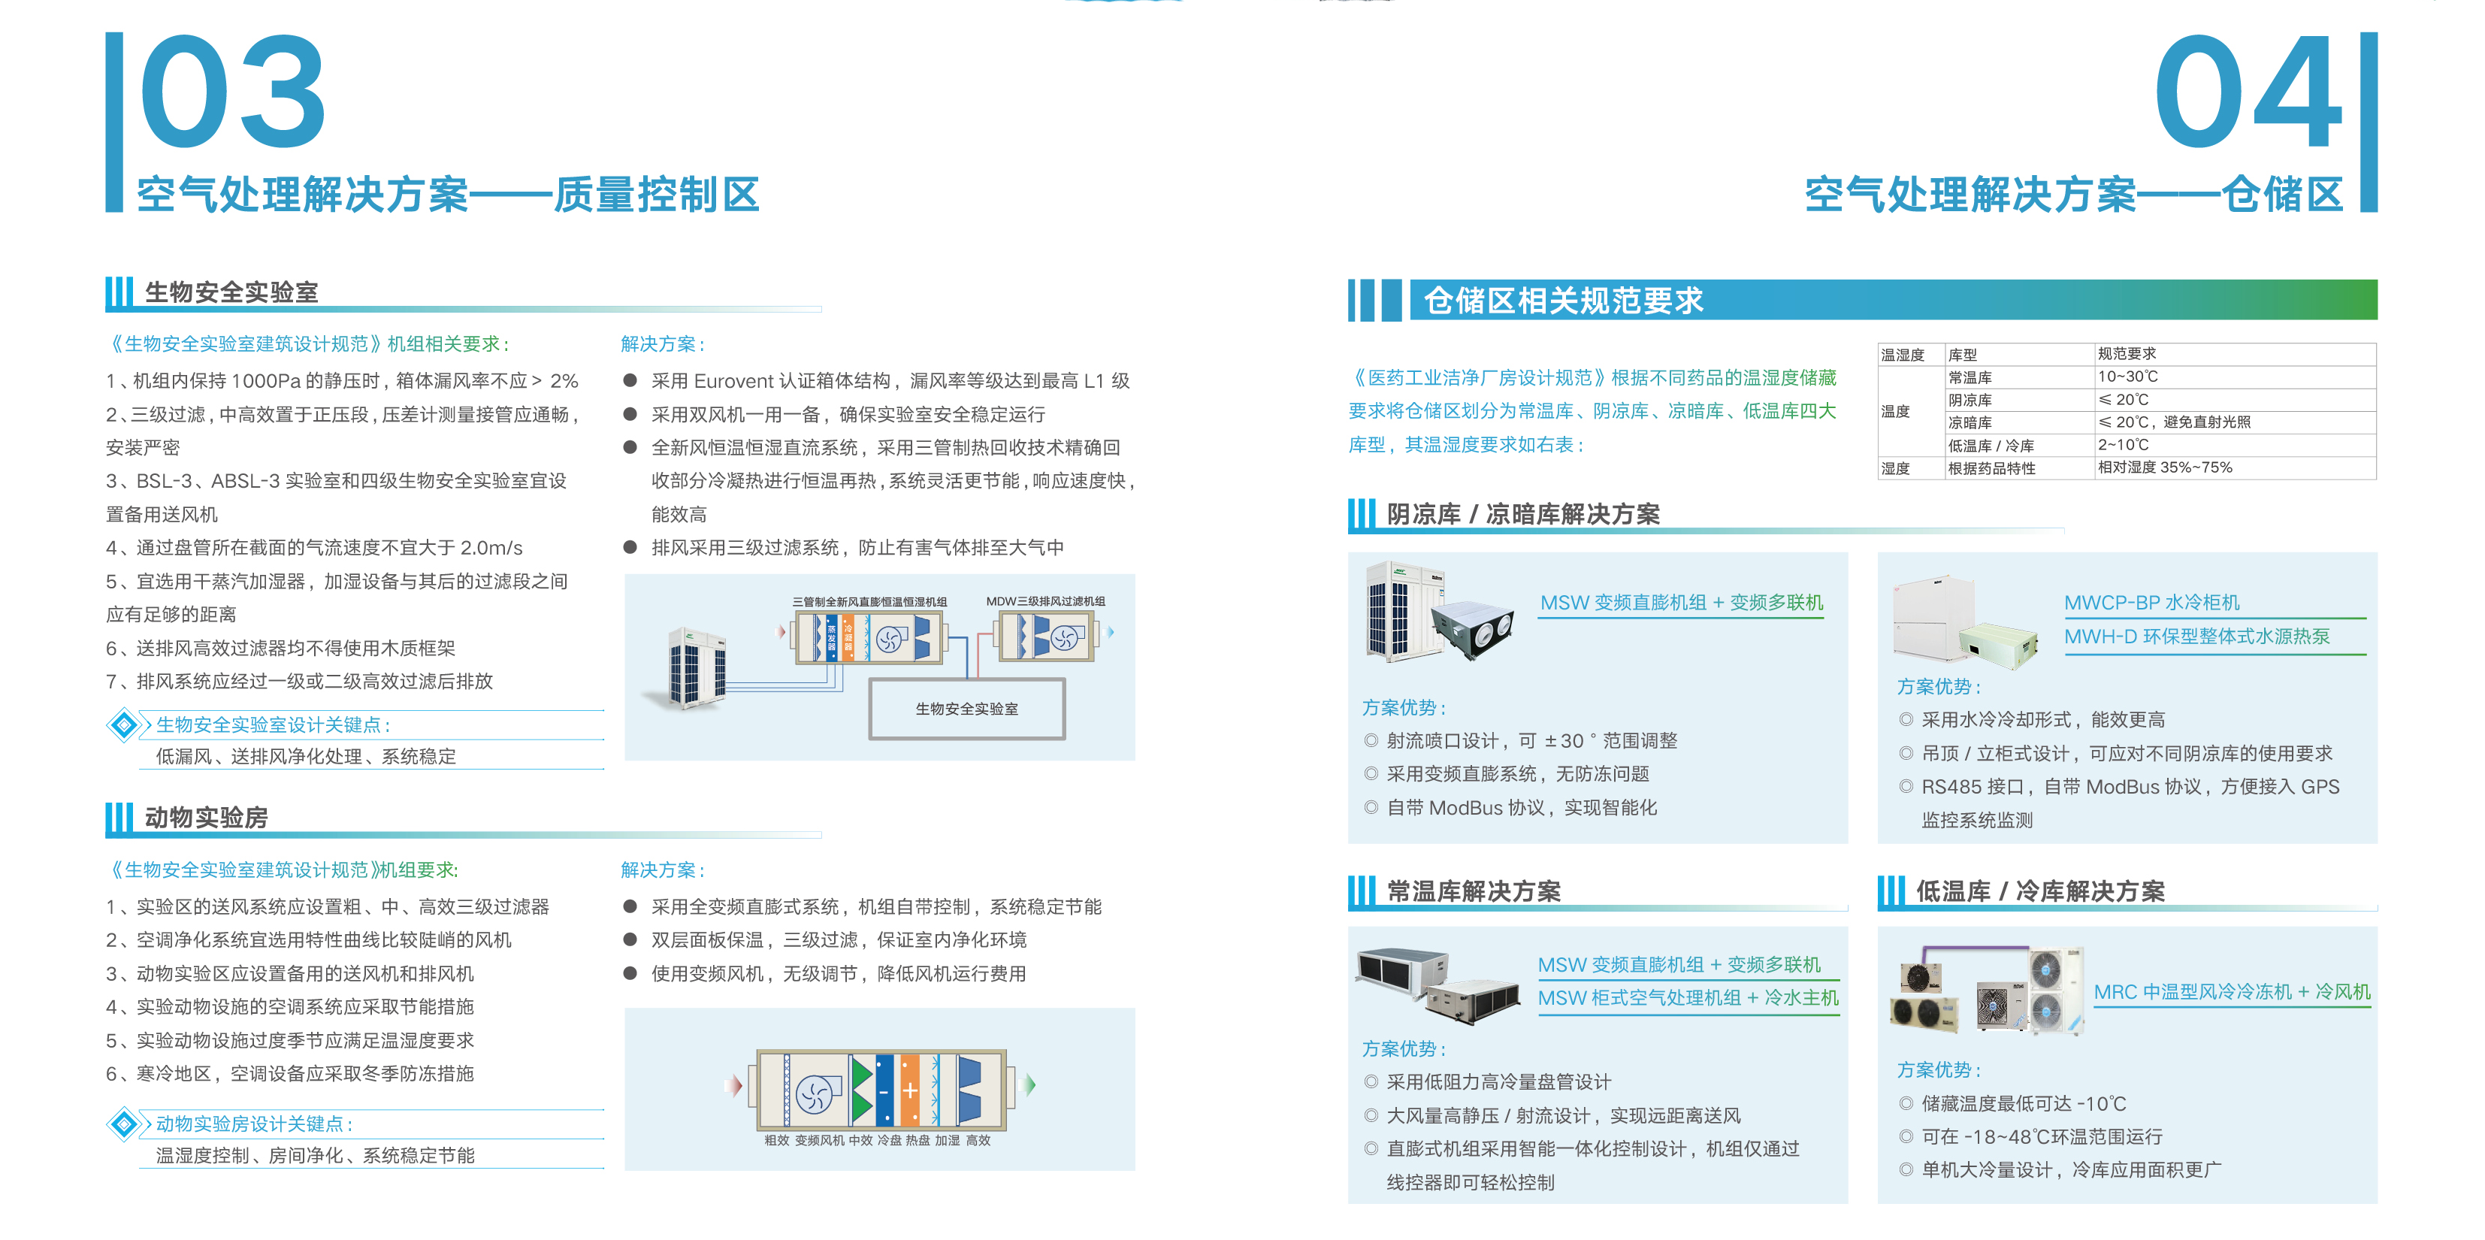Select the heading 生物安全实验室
tap(231, 292)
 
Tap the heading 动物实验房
tap(207, 818)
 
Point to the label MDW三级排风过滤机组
tap(1046, 601)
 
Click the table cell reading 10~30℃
tap(2128, 377)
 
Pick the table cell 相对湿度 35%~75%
tap(2165, 467)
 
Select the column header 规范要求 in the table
tap(2127, 354)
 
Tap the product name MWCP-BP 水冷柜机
tap(2151, 602)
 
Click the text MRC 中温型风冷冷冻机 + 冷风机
tap(2231, 991)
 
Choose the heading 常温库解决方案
tap(1473, 891)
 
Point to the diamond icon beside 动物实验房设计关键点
tap(123, 1124)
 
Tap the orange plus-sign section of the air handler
tap(910, 1090)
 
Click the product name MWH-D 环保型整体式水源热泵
tap(2196, 636)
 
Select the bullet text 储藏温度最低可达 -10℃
tap(2024, 1103)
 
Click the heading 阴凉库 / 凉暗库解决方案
tap(1523, 513)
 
